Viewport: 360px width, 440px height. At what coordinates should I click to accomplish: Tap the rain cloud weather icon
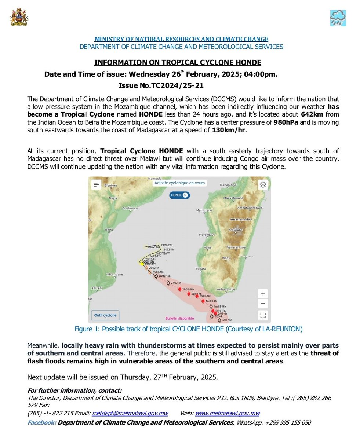(338, 18)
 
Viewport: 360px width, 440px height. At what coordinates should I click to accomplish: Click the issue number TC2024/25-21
(161, 86)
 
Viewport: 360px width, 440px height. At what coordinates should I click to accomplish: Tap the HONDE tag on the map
(179, 195)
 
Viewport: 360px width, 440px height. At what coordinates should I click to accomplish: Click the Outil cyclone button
(105, 315)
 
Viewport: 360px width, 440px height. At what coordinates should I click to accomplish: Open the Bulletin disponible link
(179, 318)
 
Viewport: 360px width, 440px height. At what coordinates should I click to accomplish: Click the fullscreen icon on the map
(262, 315)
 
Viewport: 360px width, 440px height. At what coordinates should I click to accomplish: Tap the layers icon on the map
(263, 185)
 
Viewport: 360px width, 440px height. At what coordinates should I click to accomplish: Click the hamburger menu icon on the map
(96, 185)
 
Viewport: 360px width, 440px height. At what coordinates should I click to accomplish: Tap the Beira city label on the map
(109, 230)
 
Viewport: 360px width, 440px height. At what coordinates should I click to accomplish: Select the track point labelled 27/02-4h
(168, 283)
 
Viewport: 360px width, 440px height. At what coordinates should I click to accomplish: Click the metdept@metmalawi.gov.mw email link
(130, 413)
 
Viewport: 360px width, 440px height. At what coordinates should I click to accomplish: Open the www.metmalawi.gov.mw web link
(227, 413)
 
